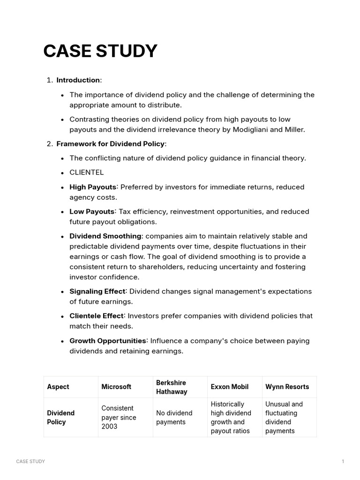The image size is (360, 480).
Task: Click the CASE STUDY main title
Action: pos(100,51)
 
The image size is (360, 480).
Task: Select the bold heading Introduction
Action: pos(78,80)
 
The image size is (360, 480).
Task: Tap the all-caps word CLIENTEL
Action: pos(87,172)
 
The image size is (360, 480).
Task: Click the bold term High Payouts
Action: pos(93,187)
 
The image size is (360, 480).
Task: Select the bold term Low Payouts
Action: pos(92,211)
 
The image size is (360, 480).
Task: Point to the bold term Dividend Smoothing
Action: pos(105,236)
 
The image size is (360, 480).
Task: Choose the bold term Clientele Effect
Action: pos(97,316)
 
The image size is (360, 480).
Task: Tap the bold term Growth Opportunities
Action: pos(108,341)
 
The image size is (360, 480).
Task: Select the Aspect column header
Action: pos(58,387)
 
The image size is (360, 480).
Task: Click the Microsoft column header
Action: pos(116,387)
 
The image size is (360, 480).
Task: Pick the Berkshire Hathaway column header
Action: pos(172,387)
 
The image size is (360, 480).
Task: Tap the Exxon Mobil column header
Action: pos(230,387)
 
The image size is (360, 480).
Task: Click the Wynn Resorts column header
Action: pos(287,387)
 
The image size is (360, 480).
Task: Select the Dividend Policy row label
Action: pos(61,417)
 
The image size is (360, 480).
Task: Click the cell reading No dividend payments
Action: pos(174,417)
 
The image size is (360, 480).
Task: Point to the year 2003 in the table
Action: pos(109,427)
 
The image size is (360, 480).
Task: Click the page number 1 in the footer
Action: pos(343,462)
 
